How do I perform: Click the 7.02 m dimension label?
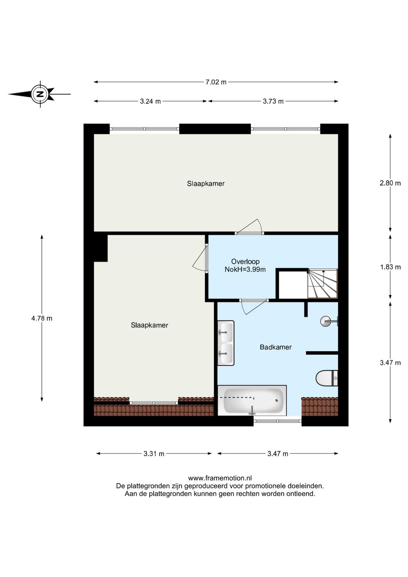216,82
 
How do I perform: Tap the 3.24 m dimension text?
150,101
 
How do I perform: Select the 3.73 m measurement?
273,101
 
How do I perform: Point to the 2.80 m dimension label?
390,183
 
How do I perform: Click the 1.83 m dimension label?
390,267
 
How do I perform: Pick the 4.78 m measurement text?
42,318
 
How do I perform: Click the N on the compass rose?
40,94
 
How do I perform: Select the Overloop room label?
245,262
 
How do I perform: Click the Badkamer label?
276,347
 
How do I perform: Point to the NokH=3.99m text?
245,270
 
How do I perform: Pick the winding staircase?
323,283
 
